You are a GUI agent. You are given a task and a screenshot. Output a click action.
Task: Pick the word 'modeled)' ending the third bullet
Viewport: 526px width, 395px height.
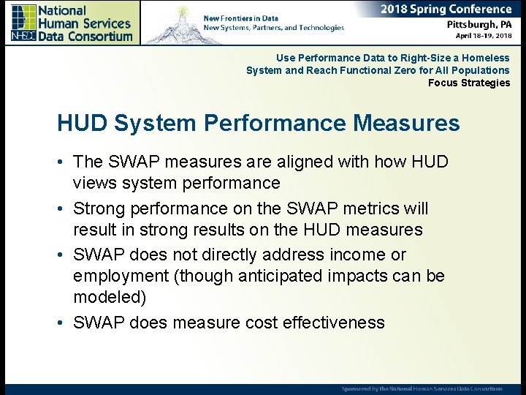pos(110,298)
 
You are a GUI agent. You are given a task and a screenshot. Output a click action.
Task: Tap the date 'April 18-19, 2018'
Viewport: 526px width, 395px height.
pos(483,35)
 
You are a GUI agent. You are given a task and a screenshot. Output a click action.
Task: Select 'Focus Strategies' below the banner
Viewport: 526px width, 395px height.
pos(469,83)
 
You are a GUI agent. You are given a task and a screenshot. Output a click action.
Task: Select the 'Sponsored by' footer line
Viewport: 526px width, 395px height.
pos(422,388)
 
